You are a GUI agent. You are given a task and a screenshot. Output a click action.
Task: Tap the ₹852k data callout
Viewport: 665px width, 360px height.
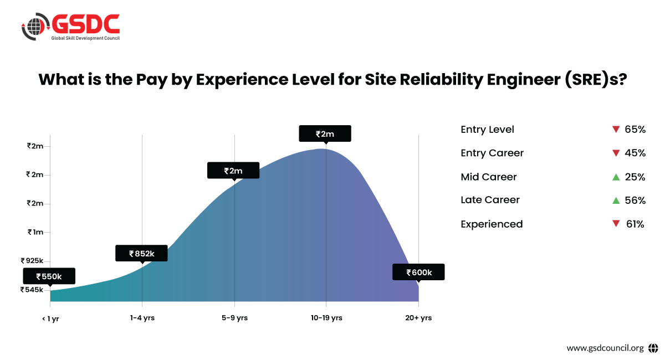pyautogui.click(x=141, y=253)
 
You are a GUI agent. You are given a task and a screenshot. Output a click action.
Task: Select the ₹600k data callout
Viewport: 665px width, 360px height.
pyautogui.click(x=418, y=272)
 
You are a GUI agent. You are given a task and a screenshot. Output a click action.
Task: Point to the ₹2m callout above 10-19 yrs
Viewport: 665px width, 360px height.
pyautogui.click(x=325, y=133)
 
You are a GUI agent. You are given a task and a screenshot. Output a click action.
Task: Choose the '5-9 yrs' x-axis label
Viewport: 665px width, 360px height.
pyautogui.click(x=234, y=318)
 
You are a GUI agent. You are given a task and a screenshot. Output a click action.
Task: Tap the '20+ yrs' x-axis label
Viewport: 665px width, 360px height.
pyautogui.click(x=418, y=318)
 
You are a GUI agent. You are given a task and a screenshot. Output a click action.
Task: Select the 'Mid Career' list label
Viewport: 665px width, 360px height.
pyautogui.click(x=488, y=177)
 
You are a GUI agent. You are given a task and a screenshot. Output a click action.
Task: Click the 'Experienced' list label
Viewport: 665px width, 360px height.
pyautogui.click(x=492, y=224)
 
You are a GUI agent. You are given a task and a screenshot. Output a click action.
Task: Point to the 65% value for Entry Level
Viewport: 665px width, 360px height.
pyautogui.click(x=635, y=130)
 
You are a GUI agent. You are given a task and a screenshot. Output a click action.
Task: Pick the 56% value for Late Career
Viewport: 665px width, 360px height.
pyautogui.click(x=635, y=200)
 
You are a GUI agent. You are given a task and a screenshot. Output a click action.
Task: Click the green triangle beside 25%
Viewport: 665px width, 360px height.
pyautogui.click(x=616, y=177)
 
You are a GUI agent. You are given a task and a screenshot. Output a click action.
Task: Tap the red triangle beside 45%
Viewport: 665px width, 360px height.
pyautogui.click(x=616, y=153)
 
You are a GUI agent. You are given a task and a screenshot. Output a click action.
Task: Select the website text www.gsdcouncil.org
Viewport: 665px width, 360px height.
pyautogui.click(x=605, y=348)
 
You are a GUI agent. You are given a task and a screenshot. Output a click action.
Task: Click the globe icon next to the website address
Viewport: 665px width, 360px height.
pyautogui.click(x=653, y=348)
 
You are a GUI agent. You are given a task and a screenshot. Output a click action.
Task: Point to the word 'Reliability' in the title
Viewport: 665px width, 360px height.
pyautogui.click(x=416, y=80)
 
